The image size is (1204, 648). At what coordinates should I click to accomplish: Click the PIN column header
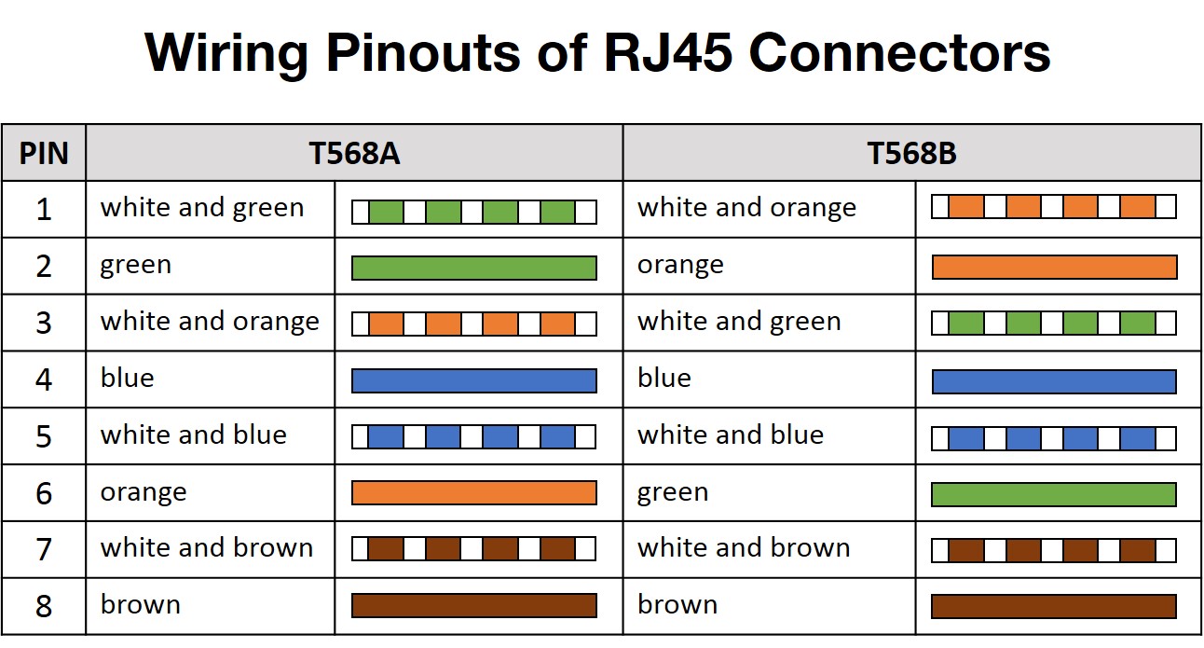(x=44, y=153)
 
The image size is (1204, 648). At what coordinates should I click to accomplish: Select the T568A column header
(x=354, y=153)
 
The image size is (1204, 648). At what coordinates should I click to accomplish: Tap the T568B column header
(x=911, y=153)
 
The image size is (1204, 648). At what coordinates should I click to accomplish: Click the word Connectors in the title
(x=899, y=53)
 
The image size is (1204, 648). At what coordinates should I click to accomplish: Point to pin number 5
(x=44, y=436)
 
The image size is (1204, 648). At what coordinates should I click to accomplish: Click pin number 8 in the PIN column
(x=44, y=607)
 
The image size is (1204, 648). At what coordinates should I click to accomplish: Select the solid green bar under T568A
(x=473, y=268)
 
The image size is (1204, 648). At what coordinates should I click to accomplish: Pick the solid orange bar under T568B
(x=1054, y=268)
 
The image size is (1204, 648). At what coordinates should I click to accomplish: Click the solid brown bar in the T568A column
(x=473, y=606)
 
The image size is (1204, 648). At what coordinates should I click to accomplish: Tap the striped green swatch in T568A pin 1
(x=473, y=212)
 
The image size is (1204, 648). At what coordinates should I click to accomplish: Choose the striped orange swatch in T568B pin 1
(x=1054, y=206)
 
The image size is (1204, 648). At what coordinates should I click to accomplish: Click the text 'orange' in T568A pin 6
(x=144, y=492)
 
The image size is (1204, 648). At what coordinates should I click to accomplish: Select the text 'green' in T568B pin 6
(x=673, y=492)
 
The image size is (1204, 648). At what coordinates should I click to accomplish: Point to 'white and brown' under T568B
(x=744, y=548)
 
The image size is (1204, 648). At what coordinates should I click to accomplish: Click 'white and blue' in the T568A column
(x=194, y=435)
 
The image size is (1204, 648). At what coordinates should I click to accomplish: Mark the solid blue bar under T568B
(x=1054, y=381)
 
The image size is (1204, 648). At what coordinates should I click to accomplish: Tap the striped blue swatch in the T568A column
(x=473, y=437)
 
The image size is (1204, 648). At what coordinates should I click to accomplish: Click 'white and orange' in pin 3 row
(x=210, y=322)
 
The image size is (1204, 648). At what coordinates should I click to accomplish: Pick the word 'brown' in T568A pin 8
(x=141, y=605)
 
